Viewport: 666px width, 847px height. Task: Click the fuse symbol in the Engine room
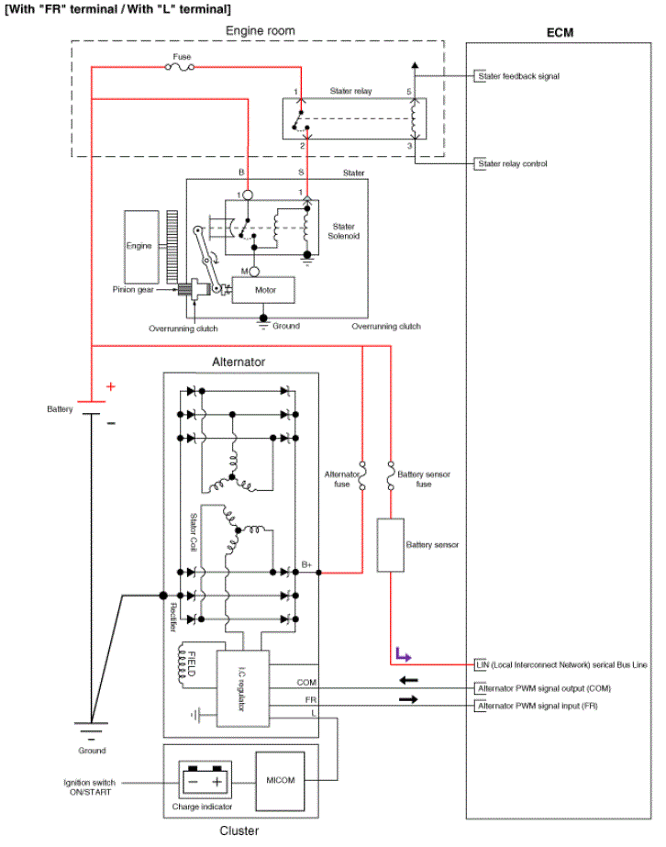point(180,67)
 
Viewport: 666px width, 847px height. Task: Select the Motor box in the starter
point(263,290)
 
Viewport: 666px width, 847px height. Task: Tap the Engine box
point(141,247)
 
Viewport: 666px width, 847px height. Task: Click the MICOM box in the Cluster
point(280,781)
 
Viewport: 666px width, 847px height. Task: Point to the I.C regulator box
point(242,689)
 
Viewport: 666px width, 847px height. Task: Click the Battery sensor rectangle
point(390,545)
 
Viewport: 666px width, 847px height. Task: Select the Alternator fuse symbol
point(362,475)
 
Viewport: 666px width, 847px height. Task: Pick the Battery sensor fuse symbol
point(391,475)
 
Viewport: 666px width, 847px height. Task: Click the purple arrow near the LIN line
point(403,654)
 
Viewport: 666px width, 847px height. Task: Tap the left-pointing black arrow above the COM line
point(408,680)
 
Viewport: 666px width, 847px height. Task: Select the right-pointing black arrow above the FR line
point(408,699)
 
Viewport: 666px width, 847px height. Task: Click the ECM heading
point(560,32)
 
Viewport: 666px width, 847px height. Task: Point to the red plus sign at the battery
point(111,386)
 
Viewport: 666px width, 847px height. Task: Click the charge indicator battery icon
point(205,780)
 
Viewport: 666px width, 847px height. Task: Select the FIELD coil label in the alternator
point(191,663)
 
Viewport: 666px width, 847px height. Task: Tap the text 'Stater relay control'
point(513,163)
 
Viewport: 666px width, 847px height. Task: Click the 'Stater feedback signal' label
point(518,76)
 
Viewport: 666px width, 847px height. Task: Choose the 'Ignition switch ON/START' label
point(90,787)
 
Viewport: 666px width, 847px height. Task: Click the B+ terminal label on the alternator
point(306,564)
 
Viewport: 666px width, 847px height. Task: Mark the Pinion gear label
point(133,290)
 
